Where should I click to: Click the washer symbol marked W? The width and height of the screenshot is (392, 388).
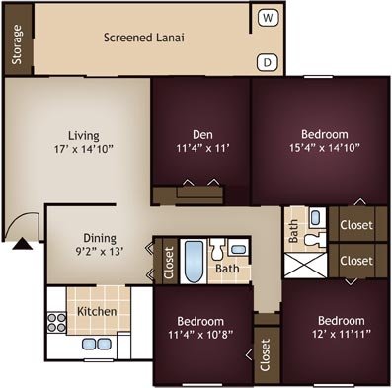pyautogui.click(x=269, y=18)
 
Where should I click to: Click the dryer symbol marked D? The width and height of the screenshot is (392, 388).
pyautogui.click(x=268, y=62)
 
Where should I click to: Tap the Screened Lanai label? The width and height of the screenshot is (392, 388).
pyautogui.click(x=144, y=38)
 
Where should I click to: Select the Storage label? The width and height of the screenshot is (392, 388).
pyautogui.click(x=17, y=44)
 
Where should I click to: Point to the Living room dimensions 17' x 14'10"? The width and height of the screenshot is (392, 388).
pyautogui.click(x=84, y=149)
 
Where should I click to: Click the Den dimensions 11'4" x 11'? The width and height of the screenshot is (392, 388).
pyautogui.click(x=202, y=148)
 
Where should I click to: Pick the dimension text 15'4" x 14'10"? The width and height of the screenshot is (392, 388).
pyautogui.click(x=325, y=148)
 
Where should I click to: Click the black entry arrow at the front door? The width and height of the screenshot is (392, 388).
pyautogui.click(x=23, y=244)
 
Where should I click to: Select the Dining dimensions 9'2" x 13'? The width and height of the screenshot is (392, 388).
pyautogui.click(x=100, y=252)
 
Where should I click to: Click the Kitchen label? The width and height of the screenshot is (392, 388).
pyautogui.click(x=97, y=311)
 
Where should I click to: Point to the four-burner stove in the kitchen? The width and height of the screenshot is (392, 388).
pyautogui.click(x=56, y=323)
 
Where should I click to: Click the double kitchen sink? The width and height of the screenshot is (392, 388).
pyautogui.click(x=97, y=344)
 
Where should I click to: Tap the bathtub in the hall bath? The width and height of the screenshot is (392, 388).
pyautogui.click(x=194, y=262)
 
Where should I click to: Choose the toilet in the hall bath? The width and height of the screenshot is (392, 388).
pyautogui.click(x=217, y=249)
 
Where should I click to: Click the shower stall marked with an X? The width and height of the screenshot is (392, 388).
pyautogui.click(x=305, y=266)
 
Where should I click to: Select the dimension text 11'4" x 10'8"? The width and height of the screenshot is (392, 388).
pyautogui.click(x=200, y=335)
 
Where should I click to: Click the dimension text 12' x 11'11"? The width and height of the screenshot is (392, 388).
pyautogui.click(x=342, y=334)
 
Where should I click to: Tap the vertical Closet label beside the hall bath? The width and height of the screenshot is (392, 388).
pyautogui.click(x=169, y=263)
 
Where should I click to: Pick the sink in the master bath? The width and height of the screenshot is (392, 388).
pyautogui.click(x=315, y=218)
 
